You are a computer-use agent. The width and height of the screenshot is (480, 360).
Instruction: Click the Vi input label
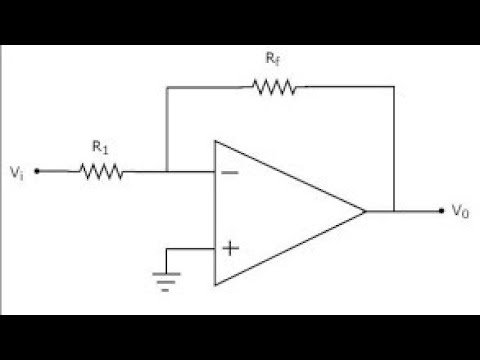[16, 171]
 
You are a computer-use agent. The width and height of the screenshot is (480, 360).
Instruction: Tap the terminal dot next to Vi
[37, 171]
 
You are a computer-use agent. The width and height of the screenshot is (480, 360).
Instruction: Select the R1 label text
[100, 147]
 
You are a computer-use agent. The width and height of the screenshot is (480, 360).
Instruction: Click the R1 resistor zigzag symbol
[101, 171]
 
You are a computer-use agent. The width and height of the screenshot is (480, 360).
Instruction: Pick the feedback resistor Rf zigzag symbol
[274, 88]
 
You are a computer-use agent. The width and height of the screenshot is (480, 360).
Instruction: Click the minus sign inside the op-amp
[229, 171]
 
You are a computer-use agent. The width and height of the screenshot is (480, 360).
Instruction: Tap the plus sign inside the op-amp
[229, 247]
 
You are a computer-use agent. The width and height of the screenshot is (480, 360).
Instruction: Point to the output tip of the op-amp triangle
[366, 210]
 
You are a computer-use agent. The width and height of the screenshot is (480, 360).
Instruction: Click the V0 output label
[460, 211]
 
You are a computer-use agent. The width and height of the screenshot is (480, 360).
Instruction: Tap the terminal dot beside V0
[441, 210]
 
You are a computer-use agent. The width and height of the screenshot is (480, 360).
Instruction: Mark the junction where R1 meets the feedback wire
[166, 171]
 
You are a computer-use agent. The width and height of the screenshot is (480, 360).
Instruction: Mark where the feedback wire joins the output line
[395, 210]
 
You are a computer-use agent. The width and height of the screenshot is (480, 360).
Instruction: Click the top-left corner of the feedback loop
[166, 88]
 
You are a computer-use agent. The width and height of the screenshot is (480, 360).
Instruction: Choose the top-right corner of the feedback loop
[395, 88]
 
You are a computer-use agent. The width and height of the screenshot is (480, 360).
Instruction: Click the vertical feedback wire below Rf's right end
[395, 150]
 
